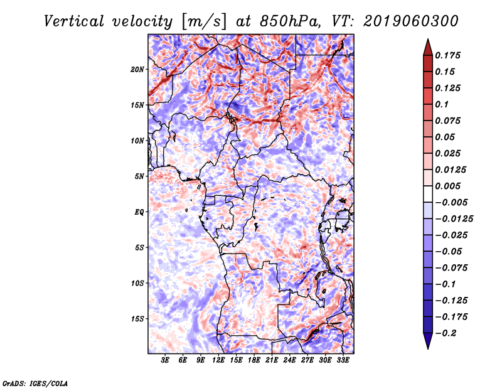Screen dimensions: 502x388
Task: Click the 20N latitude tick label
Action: point(137,70)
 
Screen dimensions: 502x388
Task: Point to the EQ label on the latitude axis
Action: point(139,212)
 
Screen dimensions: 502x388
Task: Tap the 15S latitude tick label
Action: point(137,319)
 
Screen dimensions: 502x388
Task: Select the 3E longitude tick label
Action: point(165,360)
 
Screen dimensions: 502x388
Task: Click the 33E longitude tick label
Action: point(343,360)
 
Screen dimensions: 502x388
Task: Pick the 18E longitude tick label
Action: point(254,360)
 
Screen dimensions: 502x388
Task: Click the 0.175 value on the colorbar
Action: point(447,55)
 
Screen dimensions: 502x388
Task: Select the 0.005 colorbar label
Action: point(447,186)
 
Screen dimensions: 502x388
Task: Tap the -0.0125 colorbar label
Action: point(454,219)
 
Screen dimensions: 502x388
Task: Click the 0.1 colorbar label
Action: point(442,104)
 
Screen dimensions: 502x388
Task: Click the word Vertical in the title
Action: point(74,21)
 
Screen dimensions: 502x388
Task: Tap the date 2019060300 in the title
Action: point(411,21)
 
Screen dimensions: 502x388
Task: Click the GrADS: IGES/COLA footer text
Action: point(35,384)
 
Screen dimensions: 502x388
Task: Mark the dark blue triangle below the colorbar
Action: point(428,340)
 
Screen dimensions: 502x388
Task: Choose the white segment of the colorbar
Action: point(428,194)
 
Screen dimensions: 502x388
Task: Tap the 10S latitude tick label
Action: point(137,284)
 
